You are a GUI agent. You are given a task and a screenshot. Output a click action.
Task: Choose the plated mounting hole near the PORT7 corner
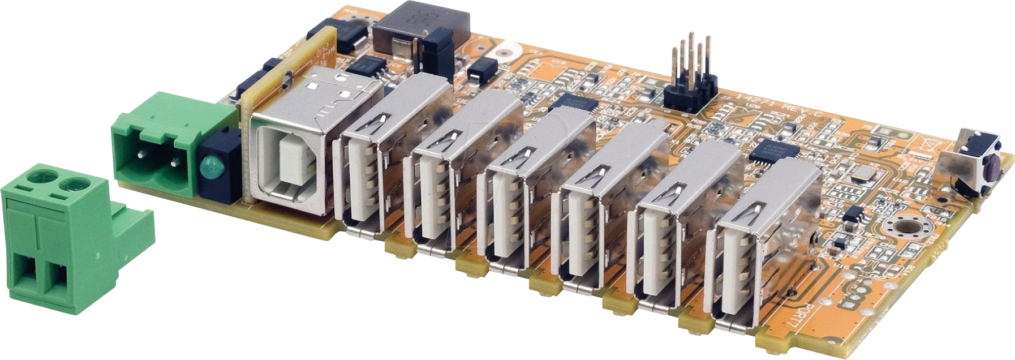point(905,229)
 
